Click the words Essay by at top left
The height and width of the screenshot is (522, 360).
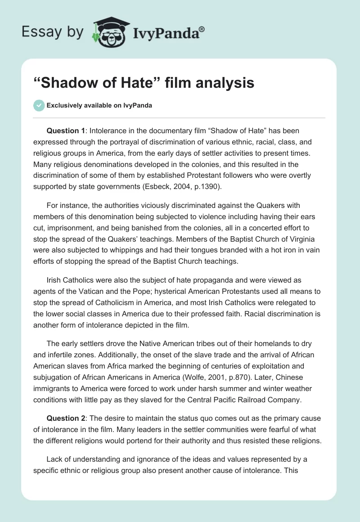pos(52,32)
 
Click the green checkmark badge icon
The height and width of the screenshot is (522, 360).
pos(39,105)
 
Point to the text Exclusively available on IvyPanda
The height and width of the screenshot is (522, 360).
pos(99,106)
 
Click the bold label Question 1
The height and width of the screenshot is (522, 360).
pos(66,130)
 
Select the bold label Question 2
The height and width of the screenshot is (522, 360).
pos(66,418)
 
